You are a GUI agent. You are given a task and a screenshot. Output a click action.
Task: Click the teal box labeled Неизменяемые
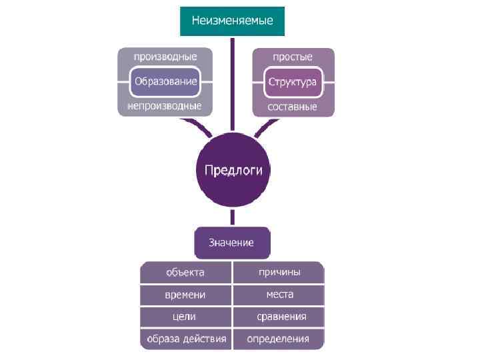click(232, 21)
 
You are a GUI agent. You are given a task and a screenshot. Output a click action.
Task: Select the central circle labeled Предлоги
click(233, 170)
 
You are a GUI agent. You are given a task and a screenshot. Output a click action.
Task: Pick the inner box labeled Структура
click(292, 82)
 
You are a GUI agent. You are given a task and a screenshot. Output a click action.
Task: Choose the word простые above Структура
click(292, 57)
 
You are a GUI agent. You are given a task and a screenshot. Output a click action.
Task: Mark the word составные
click(292, 107)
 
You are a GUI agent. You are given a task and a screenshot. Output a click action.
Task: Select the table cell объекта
click(186, 272)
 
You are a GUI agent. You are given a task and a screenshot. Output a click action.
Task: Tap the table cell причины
click(279, 272)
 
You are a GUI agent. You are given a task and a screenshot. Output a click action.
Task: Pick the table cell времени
click(186, 294)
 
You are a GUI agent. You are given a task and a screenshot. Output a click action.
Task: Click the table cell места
click(279, 294)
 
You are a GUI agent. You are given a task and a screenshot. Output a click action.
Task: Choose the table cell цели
click(186, 317)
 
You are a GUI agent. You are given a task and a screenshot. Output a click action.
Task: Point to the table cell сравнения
click(279, 317)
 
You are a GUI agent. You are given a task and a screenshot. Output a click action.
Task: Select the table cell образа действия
click(186, 339)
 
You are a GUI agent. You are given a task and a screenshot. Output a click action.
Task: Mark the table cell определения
click(279, 339)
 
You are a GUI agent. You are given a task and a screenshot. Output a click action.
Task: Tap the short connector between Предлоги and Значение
click(232, 217)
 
